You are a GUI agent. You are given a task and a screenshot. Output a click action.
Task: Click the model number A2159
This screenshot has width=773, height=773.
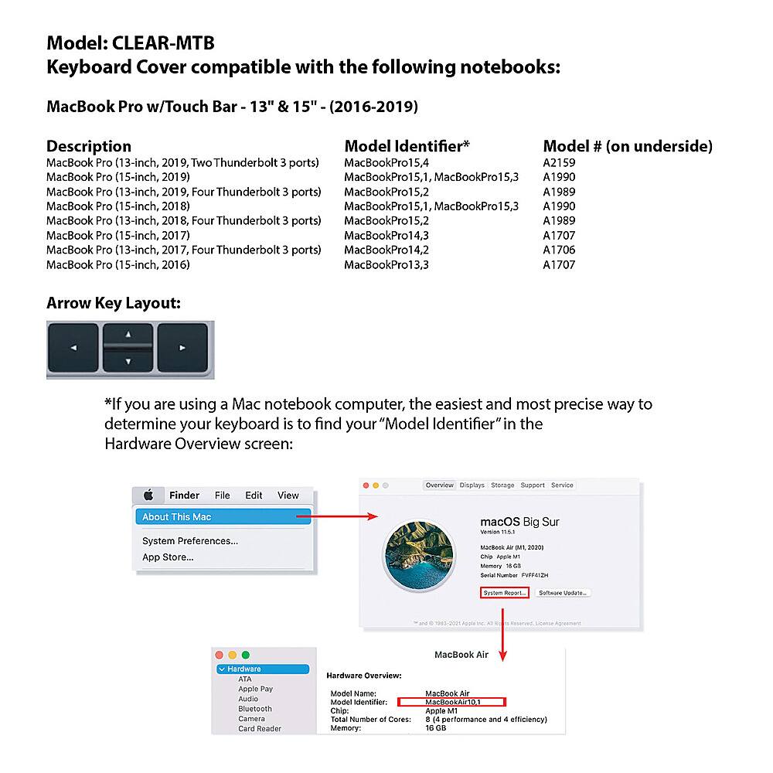coord(559,162)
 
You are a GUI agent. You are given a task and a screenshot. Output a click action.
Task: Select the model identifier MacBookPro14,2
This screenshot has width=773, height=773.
coord(386,250)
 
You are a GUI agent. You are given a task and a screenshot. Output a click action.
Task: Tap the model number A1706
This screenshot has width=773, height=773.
coord(559,250)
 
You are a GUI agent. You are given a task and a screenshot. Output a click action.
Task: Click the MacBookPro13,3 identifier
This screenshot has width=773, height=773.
coord(386,264)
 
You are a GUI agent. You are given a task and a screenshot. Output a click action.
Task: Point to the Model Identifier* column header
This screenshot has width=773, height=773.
coord(407,146)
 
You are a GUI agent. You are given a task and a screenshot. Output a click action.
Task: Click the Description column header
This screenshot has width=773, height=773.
coord(89,146)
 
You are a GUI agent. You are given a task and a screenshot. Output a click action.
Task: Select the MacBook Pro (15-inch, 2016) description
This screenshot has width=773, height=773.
coord(118,264)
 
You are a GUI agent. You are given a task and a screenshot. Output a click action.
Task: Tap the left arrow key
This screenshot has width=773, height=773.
coord(73,349)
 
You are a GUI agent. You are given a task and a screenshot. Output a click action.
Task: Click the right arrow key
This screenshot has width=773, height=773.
coord(183,349)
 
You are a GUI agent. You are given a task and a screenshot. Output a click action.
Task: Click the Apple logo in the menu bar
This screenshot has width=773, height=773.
coord(148,495)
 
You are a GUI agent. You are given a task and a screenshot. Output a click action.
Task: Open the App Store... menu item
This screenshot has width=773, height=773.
coord(168,557)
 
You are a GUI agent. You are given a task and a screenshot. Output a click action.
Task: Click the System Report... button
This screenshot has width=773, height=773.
coord(504,593)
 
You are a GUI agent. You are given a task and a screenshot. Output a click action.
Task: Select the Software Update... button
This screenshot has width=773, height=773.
coord(563,593)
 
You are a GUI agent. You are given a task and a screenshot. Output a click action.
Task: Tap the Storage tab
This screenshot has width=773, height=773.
coord(502,485)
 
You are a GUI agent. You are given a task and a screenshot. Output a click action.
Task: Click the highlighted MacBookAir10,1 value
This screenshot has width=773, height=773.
coord(452,702)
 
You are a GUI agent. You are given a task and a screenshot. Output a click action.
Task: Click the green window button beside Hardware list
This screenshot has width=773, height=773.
coord(246,655)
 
